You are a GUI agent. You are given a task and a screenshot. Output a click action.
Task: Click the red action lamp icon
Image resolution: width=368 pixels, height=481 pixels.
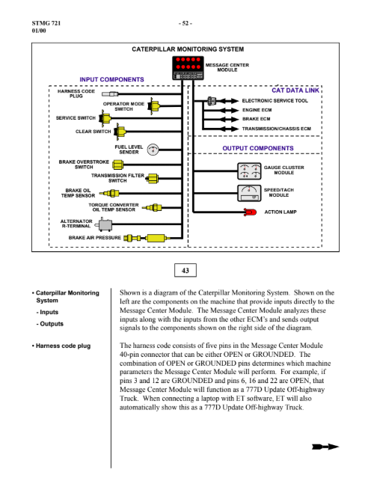(x=251, y=212)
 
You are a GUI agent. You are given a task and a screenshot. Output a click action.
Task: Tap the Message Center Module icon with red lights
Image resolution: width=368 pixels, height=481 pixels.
(x=188, y=68)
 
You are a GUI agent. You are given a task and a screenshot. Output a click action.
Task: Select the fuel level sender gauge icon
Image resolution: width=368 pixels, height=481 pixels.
(x=153, y=150)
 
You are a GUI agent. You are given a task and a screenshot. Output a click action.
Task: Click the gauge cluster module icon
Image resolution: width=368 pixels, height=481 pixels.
(x=249, y=171)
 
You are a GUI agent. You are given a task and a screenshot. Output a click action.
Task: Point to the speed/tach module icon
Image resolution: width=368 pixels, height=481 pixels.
(x=249, y=193)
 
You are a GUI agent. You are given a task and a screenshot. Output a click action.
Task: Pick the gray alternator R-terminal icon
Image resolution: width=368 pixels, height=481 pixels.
(x=103, y=224)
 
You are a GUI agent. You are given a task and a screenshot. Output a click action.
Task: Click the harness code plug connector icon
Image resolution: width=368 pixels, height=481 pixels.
(x=110, y=94)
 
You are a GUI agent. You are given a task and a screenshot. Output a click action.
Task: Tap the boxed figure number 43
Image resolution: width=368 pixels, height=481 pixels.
(x=185, y=270)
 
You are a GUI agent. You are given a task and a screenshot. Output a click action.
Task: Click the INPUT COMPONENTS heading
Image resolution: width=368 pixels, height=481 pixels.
(x=111, y=79)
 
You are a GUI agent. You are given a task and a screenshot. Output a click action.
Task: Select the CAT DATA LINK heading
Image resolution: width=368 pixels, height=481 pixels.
(x=295, y=91)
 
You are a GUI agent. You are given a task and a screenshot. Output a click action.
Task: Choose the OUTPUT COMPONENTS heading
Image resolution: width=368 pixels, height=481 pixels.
(x=258, y=148)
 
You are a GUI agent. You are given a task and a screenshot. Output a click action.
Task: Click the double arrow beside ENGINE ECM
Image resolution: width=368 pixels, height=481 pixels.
(x=228, y=110)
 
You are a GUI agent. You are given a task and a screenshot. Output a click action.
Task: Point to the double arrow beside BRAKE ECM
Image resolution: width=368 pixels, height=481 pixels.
(x=228, y=120)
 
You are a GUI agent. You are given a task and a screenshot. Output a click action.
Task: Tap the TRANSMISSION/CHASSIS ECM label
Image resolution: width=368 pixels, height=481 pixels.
(x=277, y=129)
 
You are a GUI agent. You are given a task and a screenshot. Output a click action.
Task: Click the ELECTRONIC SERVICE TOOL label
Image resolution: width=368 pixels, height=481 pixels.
(x=275, y=101)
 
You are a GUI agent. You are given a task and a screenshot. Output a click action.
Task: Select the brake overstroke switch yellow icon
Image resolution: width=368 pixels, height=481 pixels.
(x=117, y=165)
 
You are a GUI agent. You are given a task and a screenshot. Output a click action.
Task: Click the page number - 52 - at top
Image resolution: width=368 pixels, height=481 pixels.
(x=185, y=23)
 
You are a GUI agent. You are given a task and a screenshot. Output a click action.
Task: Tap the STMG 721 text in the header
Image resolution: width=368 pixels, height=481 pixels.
(x=46, y=23)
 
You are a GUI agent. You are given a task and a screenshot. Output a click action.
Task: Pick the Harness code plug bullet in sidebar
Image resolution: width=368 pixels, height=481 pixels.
(x=61, y=346)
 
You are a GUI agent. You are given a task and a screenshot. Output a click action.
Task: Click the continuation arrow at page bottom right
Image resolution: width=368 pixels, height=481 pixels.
(x=325, y=447)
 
